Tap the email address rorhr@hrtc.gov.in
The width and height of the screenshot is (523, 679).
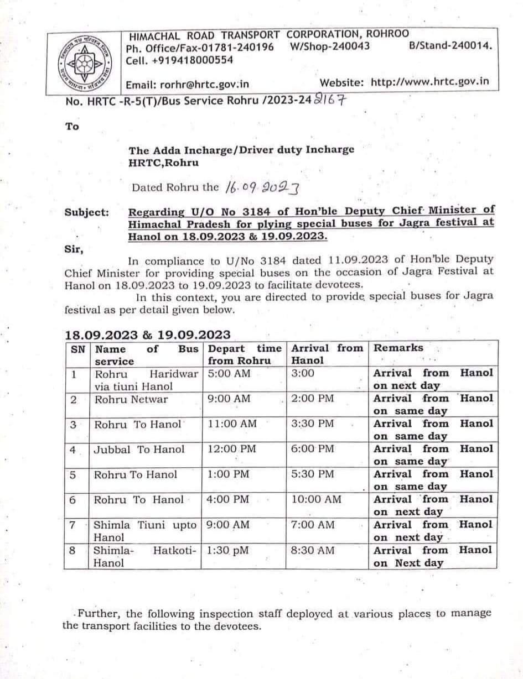click(x=188, y=85)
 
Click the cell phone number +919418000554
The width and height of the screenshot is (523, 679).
click(x=180, y=60)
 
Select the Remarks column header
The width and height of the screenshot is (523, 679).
click(x=398, y=348)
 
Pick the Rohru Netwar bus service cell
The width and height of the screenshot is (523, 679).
click(x=131, y=399)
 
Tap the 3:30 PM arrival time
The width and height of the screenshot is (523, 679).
click(x=313, y=424)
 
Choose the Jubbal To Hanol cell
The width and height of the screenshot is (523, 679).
click(x=139, y=449)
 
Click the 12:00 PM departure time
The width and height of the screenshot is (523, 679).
click(x=232, y=449)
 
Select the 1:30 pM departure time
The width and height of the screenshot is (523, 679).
click(x=229, y=550)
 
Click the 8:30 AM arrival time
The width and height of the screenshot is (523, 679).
click(x=313, y=550)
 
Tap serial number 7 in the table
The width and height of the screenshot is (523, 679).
click(x=73, y=525)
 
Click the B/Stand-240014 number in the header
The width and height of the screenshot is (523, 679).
click(x=450, y=47)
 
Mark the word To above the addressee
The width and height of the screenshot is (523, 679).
click(x=72, y=127)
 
